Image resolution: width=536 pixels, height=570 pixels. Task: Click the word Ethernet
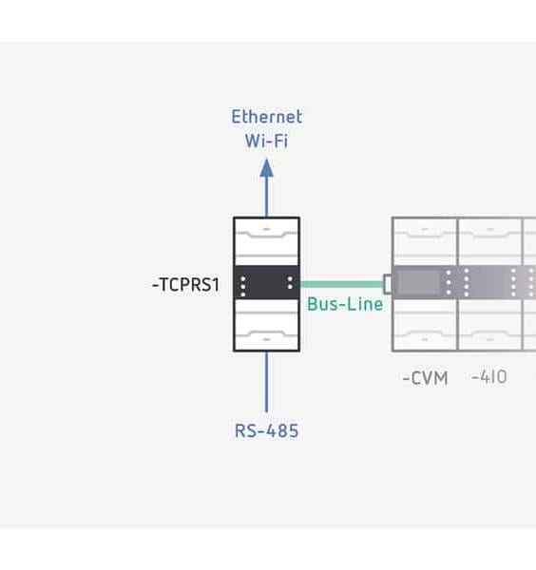pos(266,117)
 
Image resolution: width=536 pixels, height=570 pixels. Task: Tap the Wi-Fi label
pos(266,142)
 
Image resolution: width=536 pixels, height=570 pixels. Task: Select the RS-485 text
pos(266,431)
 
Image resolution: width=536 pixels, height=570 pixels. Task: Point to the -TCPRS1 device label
pos(185,284)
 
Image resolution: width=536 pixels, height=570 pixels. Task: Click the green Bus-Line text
pos(345,304)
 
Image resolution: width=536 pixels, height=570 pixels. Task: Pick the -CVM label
pos(425,378)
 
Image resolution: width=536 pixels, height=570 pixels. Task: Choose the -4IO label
pos(489,377)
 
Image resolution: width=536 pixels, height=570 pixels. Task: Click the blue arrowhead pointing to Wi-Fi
pos(266,168)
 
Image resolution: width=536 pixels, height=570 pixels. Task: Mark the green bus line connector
pos(341,283)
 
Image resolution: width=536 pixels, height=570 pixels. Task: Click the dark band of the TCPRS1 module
pos(266,283)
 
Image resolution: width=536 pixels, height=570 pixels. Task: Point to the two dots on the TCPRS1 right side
pos(290,283)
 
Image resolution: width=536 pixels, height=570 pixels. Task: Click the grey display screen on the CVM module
pos(419,282)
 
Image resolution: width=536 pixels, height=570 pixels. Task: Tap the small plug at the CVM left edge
pos(388,283)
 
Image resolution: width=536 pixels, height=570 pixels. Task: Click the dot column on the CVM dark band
pos(449,283)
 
